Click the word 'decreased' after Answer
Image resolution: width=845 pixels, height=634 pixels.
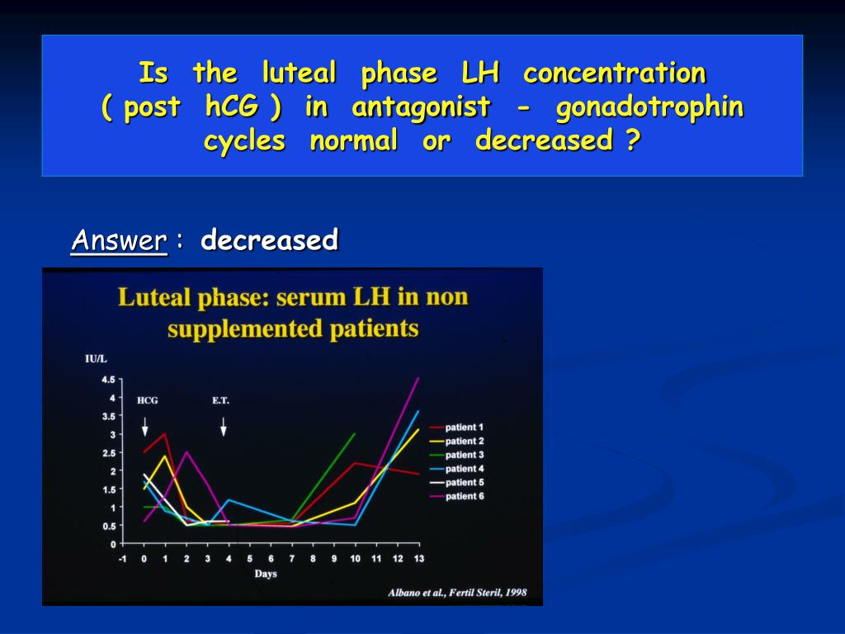269,240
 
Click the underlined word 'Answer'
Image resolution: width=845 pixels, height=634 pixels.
119,240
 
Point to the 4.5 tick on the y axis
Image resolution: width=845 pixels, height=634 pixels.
108,380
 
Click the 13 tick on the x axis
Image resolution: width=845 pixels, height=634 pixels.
418,558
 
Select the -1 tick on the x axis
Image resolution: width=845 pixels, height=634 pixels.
122,558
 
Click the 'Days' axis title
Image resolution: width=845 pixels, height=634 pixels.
265,574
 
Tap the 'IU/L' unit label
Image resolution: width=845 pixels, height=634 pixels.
97,357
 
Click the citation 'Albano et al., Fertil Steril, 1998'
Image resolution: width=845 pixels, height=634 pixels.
456,593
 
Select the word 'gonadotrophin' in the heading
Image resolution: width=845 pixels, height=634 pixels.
649,107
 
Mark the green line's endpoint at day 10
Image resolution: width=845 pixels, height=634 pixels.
355,433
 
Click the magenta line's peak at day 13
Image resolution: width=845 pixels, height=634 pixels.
418,378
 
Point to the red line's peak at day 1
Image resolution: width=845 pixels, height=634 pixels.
165,433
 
